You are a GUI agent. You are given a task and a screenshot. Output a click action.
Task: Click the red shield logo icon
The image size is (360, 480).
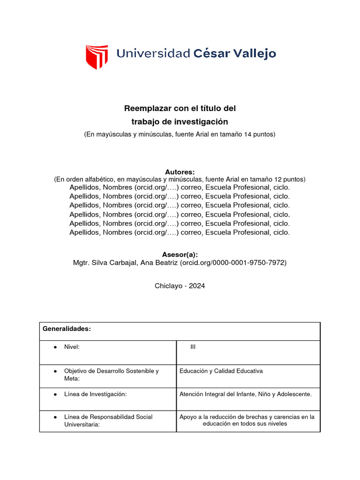coord(97,57)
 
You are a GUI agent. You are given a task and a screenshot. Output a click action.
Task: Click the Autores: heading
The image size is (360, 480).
coord(180,172)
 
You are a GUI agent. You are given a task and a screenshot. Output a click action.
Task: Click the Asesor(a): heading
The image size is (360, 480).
coord(180,255)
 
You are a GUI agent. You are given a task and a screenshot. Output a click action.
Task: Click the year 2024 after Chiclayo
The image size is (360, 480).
coord(197,286)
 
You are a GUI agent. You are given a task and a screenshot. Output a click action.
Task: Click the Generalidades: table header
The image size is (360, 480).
coord(67,329)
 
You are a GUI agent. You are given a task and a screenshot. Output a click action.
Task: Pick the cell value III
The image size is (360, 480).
coord(193,347)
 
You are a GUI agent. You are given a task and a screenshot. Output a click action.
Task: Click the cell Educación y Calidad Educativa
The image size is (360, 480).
coord(221,371)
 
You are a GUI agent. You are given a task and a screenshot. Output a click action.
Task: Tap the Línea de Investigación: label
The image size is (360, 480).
coord(95,394)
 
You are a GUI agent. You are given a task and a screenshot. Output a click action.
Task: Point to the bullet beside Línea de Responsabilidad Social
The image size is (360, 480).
coord(55,417)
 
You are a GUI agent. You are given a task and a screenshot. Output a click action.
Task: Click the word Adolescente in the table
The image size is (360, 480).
coord(295,394)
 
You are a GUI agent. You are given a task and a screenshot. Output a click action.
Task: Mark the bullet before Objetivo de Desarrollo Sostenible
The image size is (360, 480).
coord(55,371)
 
